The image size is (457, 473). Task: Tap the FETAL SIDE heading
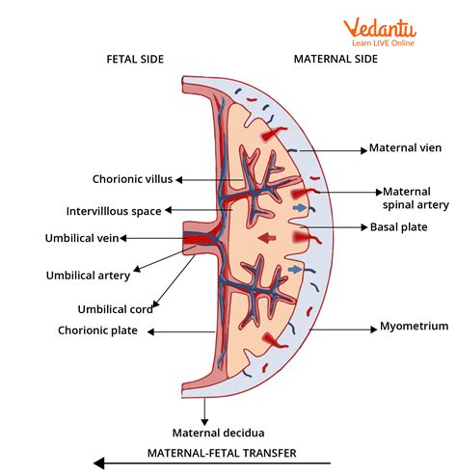click(x=134, y=60)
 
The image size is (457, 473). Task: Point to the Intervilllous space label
click(x=114, y=210)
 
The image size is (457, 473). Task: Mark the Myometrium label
click(x=414, y=327)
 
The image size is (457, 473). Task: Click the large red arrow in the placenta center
click(x=263, y=238)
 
